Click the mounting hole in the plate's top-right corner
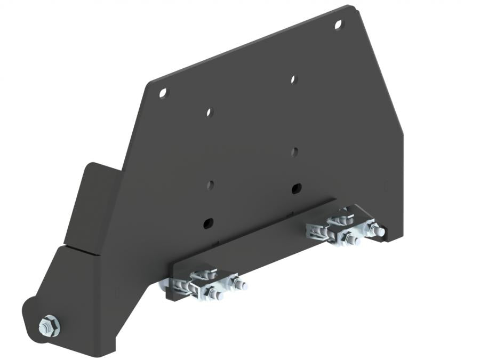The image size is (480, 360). click(x=338, y=24)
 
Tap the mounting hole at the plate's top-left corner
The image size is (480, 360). click(x=163, y=93)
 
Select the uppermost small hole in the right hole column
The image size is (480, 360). click(x=293, y=79)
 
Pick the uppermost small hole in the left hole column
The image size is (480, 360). click(x=209, y=113)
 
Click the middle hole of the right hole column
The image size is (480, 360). click(x=294, y=151)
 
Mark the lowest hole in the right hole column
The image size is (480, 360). click(x=297, y=188)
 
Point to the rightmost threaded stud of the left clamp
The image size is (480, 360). click(x=243, y=285)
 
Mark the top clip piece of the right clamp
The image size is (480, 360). click(x=341, y=217)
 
